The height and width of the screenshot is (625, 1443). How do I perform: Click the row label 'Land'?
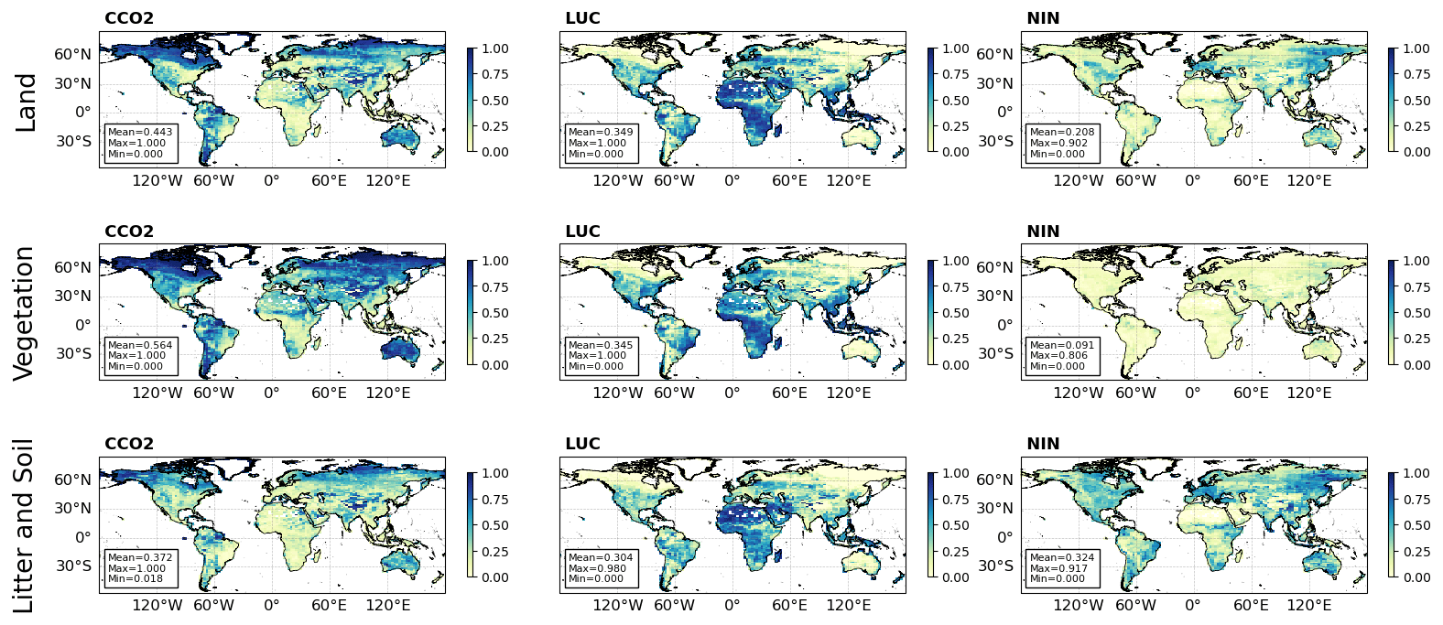pos(27,102)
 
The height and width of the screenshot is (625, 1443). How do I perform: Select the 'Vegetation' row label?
pos(25,313)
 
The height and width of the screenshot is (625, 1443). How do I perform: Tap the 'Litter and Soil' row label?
pos(25,525)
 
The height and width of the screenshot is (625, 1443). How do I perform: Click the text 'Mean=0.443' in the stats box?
pos(140,132)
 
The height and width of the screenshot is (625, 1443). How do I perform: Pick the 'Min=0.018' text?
pos(136,578)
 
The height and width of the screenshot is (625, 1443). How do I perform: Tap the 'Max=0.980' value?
pos(597,568)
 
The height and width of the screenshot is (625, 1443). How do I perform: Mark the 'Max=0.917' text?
pos(1058,568)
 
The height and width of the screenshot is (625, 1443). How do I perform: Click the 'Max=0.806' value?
pos(1058,356)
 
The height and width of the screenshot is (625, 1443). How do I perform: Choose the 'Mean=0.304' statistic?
pos(601,557)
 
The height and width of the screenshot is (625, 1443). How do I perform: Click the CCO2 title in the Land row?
pos(129,18)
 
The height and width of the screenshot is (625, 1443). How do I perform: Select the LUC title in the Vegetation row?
pos(582,232)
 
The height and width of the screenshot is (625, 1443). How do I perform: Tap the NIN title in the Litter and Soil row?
pos(1043,444)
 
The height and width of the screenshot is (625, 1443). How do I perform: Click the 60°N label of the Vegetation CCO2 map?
pos(73,267)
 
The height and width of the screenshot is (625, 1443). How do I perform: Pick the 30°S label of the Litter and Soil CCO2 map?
pos(73,566)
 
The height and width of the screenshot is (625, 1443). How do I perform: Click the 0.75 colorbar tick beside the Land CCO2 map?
pos(495,75)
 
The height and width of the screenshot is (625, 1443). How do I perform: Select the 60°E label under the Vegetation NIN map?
pos(1251,393)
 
